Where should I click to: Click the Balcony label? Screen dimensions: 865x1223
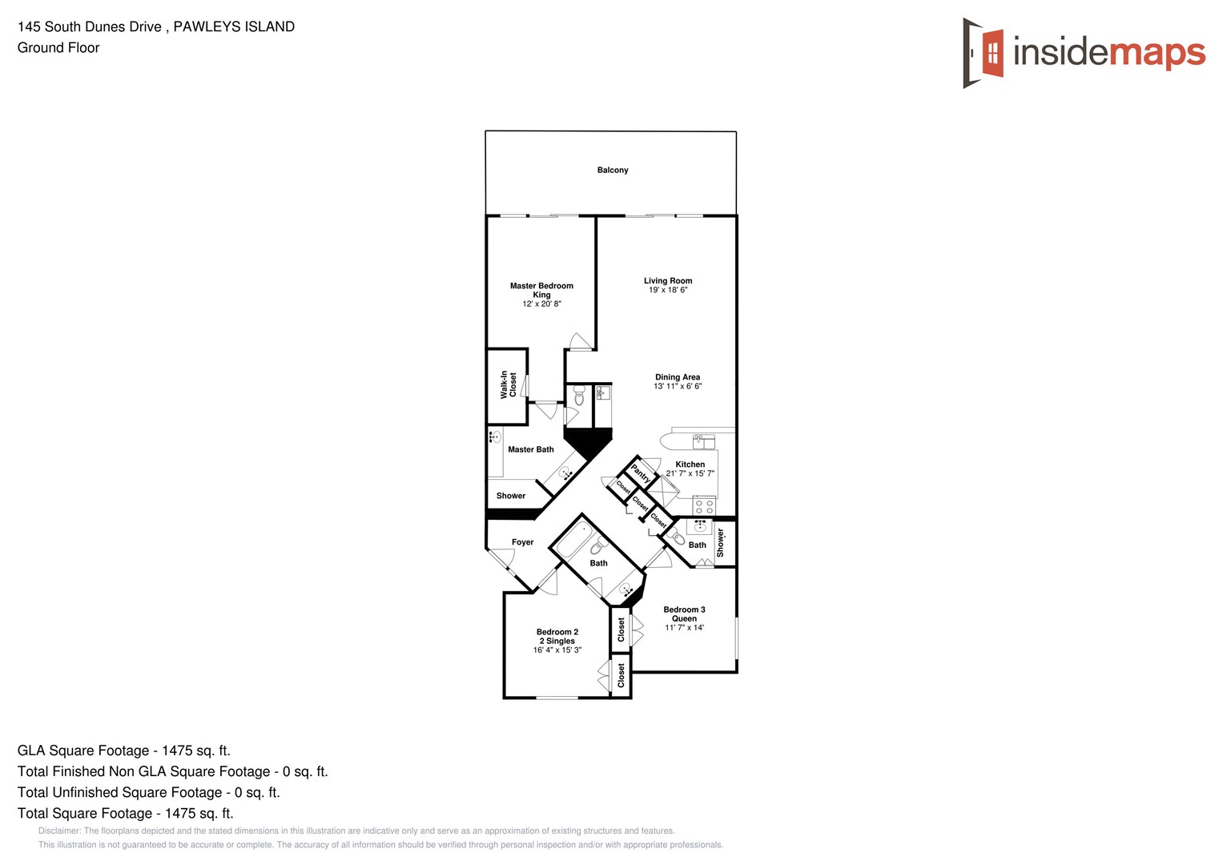(612, 170)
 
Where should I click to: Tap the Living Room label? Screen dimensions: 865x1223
(667, 281)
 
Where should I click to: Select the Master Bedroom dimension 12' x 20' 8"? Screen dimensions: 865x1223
(541, 304)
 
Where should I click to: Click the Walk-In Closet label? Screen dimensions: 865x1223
(508, 384)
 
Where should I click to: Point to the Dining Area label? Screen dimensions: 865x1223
(678, 377)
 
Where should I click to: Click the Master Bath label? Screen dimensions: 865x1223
(530, 449)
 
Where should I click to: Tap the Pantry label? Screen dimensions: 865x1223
(641, 473)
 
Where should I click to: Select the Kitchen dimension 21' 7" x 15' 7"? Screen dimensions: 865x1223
(690, 473)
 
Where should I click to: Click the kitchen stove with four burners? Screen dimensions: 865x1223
(704, 506)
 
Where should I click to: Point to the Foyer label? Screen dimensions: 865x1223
(522, 542)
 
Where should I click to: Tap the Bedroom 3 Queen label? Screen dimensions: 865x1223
(684, 614)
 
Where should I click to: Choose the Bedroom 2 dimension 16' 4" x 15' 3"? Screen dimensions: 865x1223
(557, 650)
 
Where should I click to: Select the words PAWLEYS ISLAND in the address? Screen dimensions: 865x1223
(234, 26)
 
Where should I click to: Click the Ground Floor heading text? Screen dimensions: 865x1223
(58, 47)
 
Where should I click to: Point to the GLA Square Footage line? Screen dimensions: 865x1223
(123, 750)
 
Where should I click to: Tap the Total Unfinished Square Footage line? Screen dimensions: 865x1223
(148, 792)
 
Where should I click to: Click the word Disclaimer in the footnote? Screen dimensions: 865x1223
(59, 831)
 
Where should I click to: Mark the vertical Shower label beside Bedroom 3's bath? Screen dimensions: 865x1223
(720, 542)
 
